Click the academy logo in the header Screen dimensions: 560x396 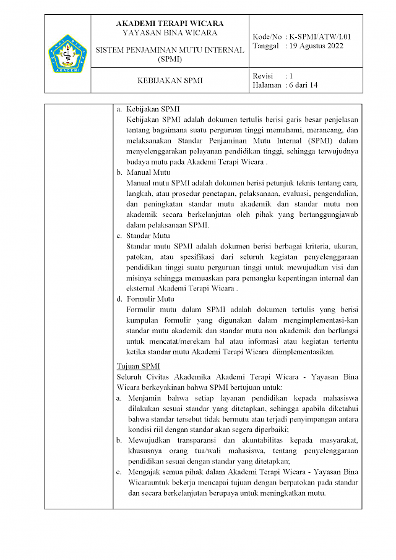point(68,54)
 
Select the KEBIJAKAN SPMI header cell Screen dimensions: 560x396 point(170,80)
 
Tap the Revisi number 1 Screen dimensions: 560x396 point(291,75)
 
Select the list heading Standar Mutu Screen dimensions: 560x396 point(147,235)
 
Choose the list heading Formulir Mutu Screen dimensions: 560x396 point(150,299)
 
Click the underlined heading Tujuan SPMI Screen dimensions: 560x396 point(139,366)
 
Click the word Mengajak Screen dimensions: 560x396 point(145,471)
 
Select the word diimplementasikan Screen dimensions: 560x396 point(300,352)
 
